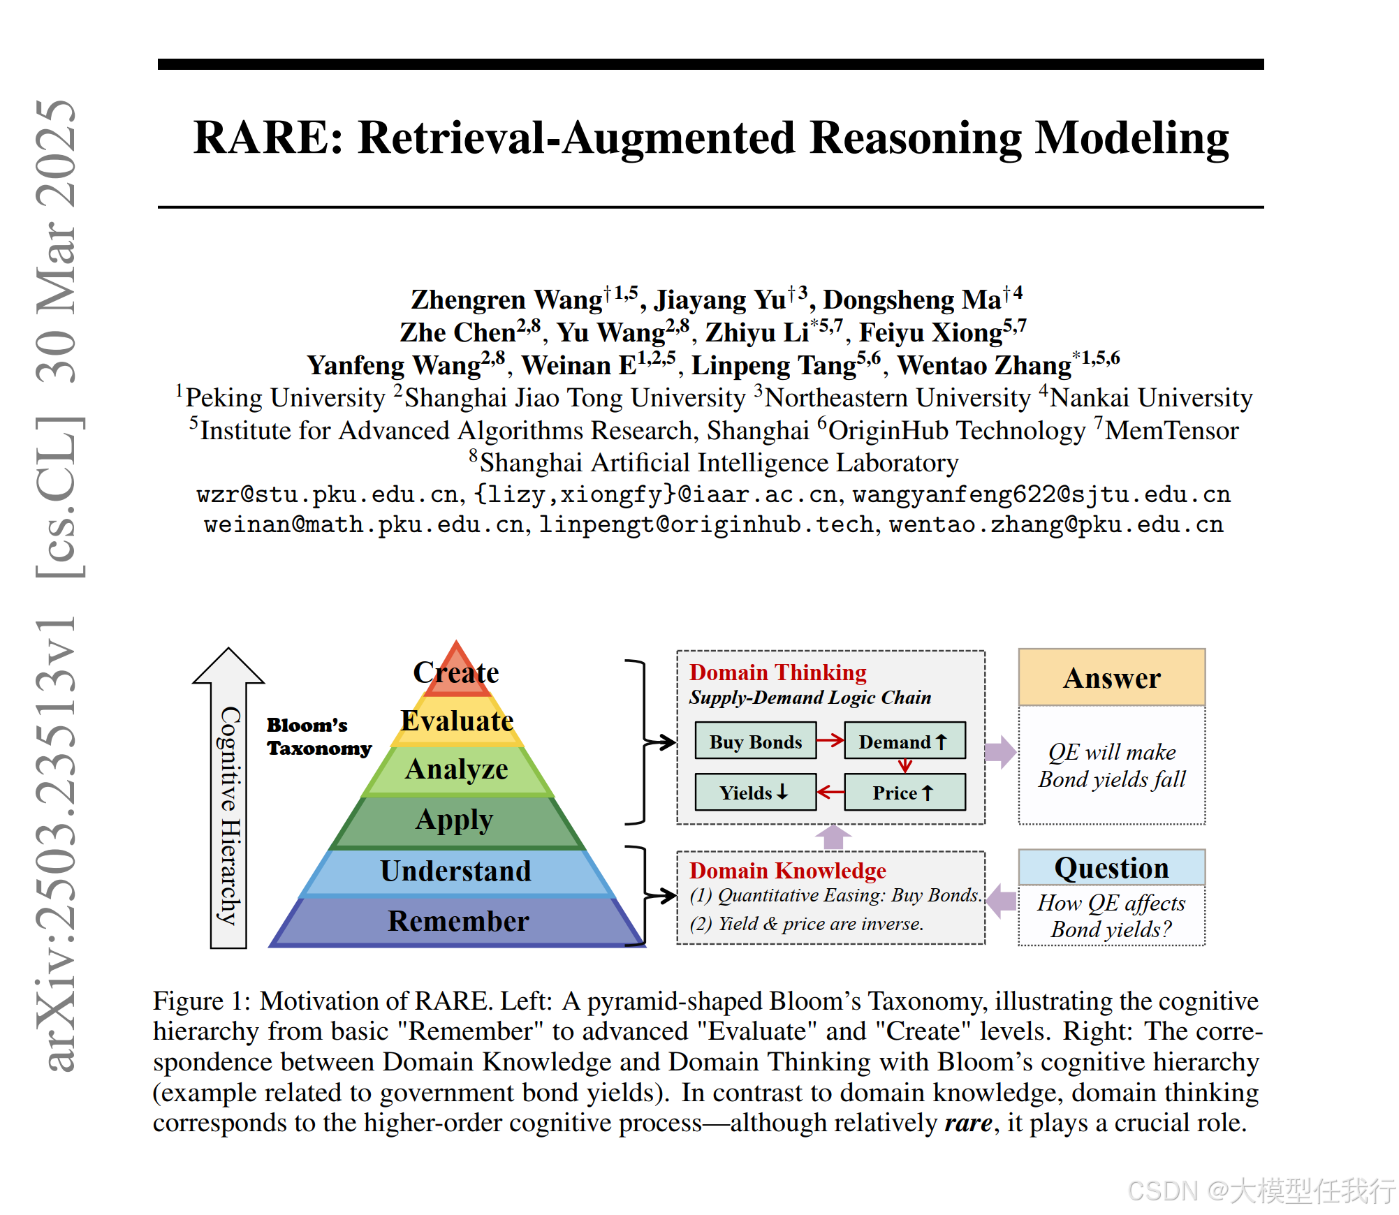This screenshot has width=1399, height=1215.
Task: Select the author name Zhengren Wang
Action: [506, 300]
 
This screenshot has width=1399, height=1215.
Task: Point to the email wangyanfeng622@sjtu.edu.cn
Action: [1041, 494]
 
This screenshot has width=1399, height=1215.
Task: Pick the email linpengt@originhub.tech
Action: [705, 524]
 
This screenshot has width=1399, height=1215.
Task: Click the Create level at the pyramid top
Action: [456, 672]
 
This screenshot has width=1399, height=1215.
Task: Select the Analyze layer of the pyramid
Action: [457, 769]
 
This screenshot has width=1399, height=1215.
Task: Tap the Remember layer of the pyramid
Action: [458, 921]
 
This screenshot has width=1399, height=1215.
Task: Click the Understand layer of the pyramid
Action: [456, 871]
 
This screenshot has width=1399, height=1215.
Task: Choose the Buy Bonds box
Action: [755, 742]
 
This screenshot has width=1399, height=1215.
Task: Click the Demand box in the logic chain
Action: [904, 742]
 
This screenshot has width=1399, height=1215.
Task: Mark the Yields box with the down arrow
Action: [755, 793]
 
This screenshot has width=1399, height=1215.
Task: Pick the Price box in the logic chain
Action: [904, 793]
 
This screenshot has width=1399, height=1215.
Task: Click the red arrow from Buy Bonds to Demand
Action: [830, 740]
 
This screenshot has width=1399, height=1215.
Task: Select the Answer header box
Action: [1111, 677]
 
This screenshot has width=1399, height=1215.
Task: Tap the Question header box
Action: [1111, 868]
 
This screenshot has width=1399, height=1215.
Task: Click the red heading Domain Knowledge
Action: [787, 871]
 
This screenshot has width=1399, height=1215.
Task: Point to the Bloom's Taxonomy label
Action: [318, 737]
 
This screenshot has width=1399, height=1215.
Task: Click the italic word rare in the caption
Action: [968, 1123]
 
